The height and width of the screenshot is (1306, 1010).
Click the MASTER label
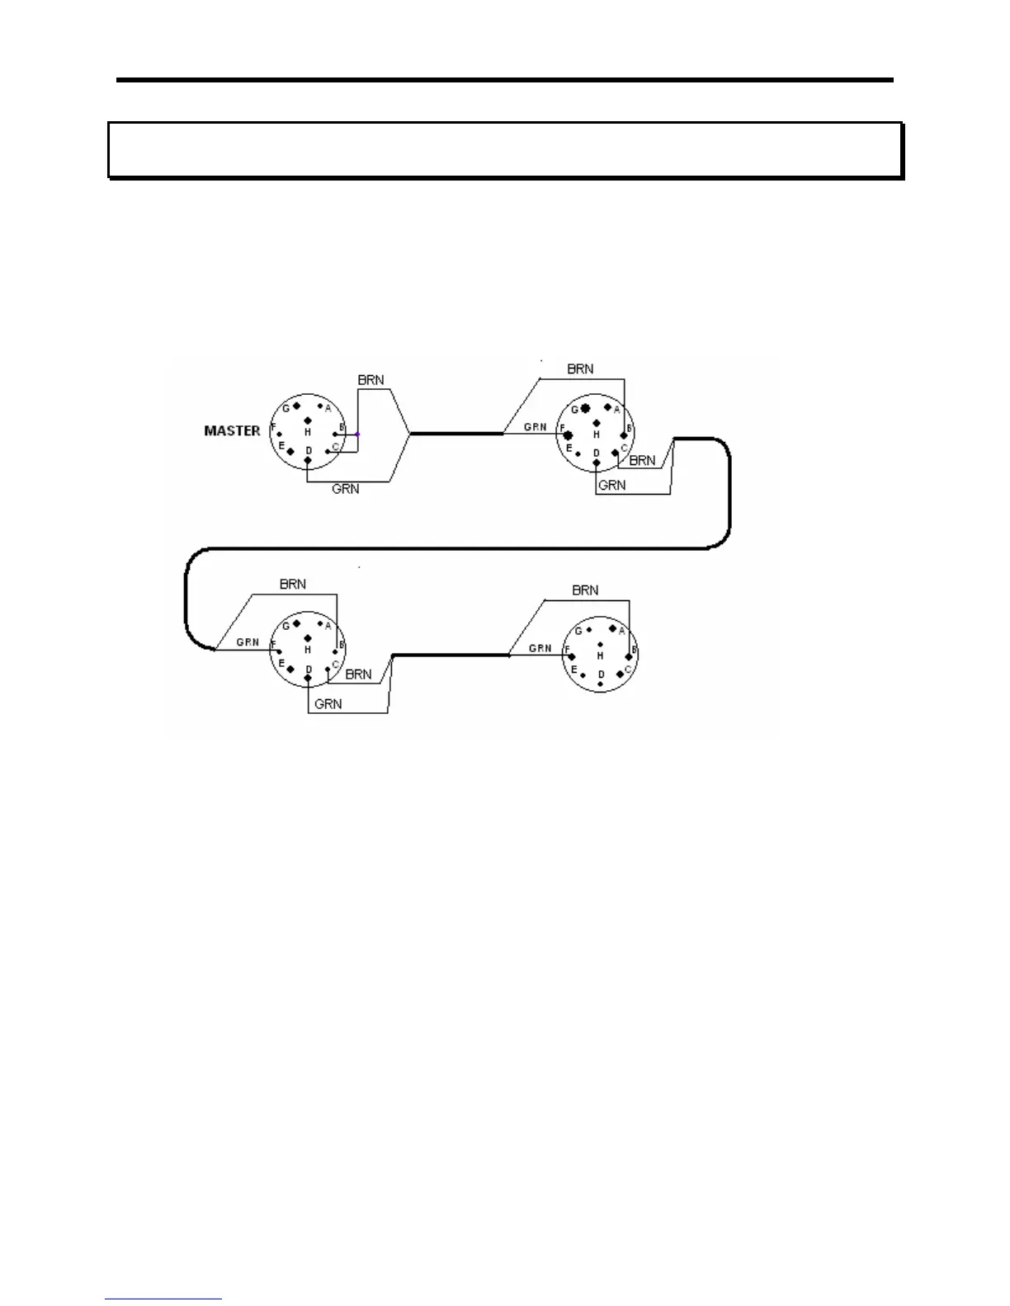point(232,430)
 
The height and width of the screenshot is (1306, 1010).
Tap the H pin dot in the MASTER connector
point(308,420)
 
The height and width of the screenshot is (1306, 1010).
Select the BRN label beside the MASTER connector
point(370,380)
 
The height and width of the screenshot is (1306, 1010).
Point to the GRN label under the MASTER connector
point(345,489)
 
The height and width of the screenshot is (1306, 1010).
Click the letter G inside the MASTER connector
point(286,408)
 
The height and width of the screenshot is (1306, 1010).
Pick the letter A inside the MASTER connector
point(328,408)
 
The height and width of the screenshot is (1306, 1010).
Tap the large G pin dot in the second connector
point(585,408)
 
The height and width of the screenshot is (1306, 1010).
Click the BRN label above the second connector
point(580,369)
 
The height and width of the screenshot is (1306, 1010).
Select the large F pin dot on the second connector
point(569,435)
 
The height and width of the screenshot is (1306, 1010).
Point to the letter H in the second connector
point(596,435)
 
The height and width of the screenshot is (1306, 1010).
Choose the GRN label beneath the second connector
point(611,485)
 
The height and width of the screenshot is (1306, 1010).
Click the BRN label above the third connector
point(293,584)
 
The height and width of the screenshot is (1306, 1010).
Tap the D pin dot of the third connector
point(308,679)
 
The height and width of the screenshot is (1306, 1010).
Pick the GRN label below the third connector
point(328,704)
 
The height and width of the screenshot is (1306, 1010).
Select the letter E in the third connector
point(281,664)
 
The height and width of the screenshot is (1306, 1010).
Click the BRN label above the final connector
point(585,590)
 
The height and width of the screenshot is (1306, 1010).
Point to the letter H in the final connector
point(600,655)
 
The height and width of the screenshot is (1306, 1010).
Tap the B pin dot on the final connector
point(629,656)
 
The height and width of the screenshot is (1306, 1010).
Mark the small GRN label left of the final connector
point(540,648)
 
